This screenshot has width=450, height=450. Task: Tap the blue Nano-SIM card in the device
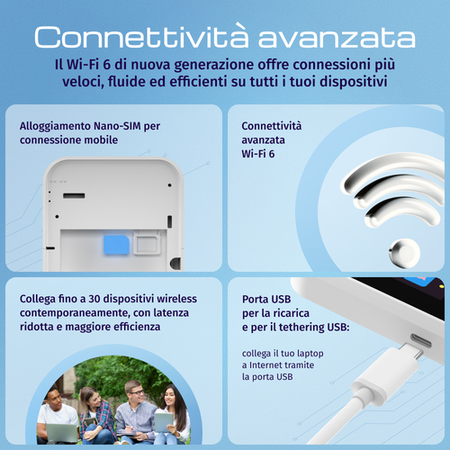pos(114,243)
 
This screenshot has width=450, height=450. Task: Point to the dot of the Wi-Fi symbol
pos(402,253)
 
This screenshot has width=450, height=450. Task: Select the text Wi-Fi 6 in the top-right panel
pos(260,154)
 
